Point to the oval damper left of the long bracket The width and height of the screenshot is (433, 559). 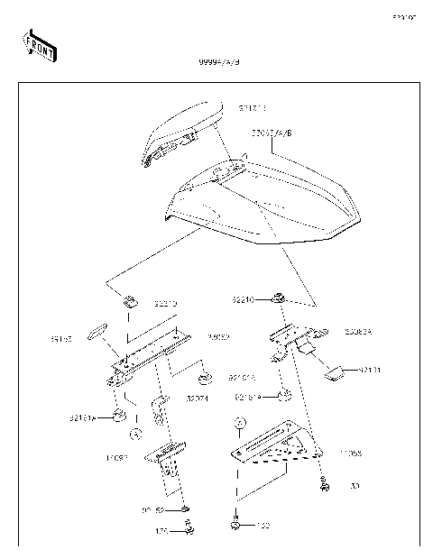coord(97,336)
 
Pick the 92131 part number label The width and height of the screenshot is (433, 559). coord(370,370)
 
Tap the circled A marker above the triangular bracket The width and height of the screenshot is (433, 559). coord(239,422)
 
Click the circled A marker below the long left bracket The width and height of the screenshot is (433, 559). coord(135,434)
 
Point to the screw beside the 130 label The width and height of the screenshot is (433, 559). coord(322,484)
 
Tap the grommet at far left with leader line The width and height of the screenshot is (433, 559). coord(117,416)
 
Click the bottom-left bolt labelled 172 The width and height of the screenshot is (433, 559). coord(189,530)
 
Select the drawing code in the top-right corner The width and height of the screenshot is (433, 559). coord(403,17)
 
